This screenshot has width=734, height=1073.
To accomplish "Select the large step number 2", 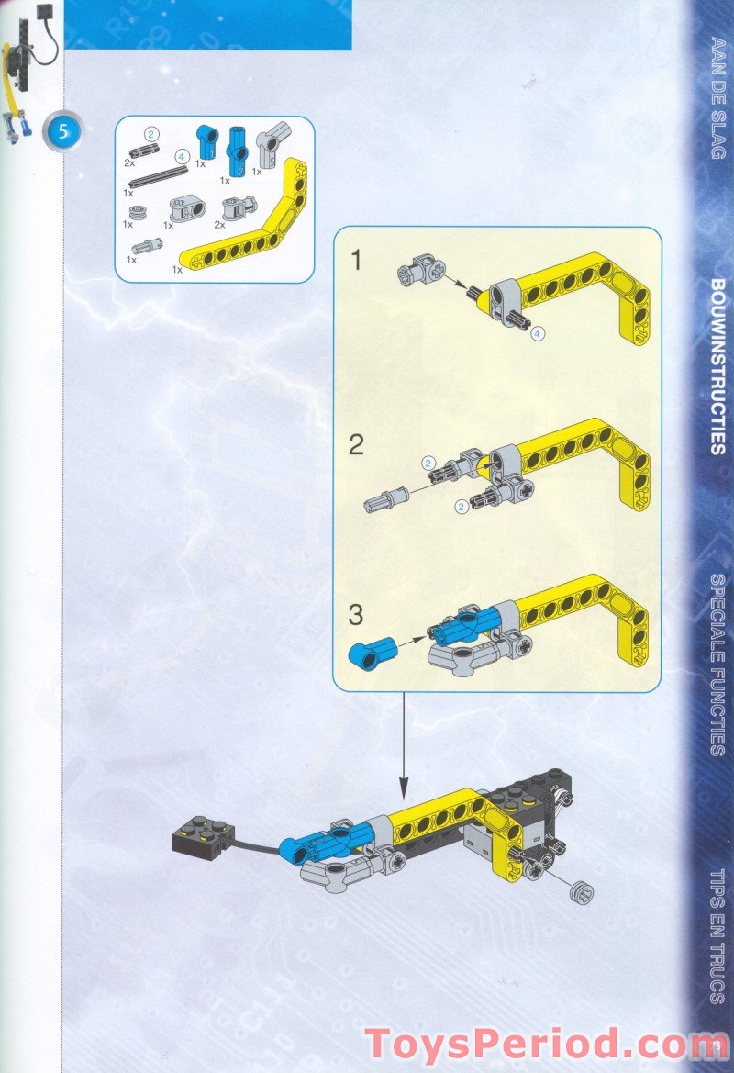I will pos(356,446).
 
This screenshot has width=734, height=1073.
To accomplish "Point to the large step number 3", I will pos(356,614).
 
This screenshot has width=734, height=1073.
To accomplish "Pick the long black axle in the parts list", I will pos(163,174).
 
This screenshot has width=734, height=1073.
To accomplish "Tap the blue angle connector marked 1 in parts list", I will pos(206,140).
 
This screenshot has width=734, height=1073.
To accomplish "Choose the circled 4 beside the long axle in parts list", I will pos(183,157).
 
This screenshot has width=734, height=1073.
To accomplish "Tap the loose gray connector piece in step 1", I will pos(420,272).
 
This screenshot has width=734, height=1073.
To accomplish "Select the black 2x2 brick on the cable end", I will pos(200,833).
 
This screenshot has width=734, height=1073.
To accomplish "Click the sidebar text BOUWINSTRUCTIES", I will pos(718,366).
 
